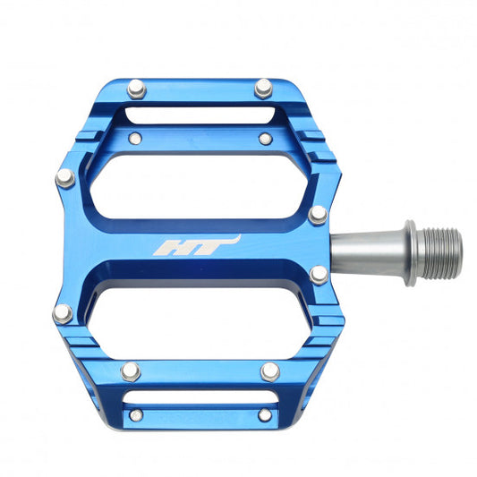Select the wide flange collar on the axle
(410, 252)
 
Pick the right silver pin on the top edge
(263, 88)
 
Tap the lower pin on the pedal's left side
(63, 313)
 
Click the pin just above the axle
(318, 215)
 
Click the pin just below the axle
(319, 276)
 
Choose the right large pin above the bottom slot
(268, 371)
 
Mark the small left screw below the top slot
(135, 139)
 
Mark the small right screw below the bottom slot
(262, 415)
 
